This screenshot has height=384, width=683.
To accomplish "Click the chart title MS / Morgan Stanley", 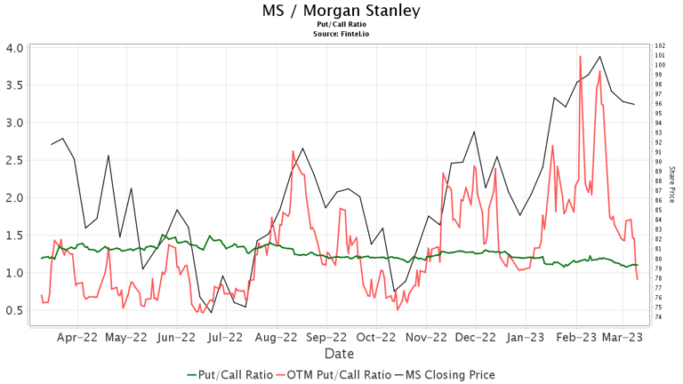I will point(341,12).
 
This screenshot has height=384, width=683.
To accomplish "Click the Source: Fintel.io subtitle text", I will point(341,33).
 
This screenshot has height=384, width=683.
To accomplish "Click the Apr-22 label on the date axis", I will point(77,337).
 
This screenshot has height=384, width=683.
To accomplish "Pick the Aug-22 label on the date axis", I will point(277,337).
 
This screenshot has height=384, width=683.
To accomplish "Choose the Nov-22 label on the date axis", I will point(426,337).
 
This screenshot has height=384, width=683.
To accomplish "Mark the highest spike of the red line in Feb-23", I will point(580,56).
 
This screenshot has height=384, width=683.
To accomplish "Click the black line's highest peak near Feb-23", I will point(600,56).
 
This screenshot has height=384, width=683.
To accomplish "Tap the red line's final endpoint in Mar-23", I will point(637,280).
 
